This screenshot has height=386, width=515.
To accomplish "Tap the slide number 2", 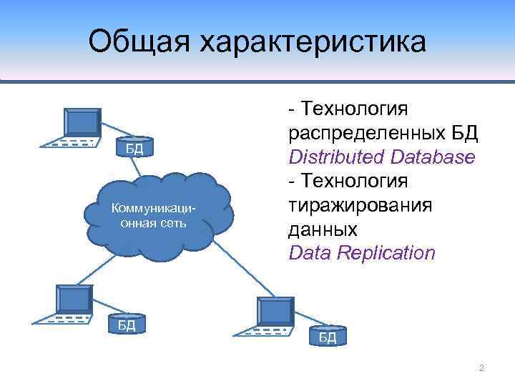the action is [481, 368].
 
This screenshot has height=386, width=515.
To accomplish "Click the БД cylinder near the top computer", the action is [134, 148].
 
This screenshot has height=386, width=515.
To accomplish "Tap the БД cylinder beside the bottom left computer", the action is [126, 325].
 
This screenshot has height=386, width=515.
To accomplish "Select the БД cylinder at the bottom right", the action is [327, 336].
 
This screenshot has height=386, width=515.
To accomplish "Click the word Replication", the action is [390, 252].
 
